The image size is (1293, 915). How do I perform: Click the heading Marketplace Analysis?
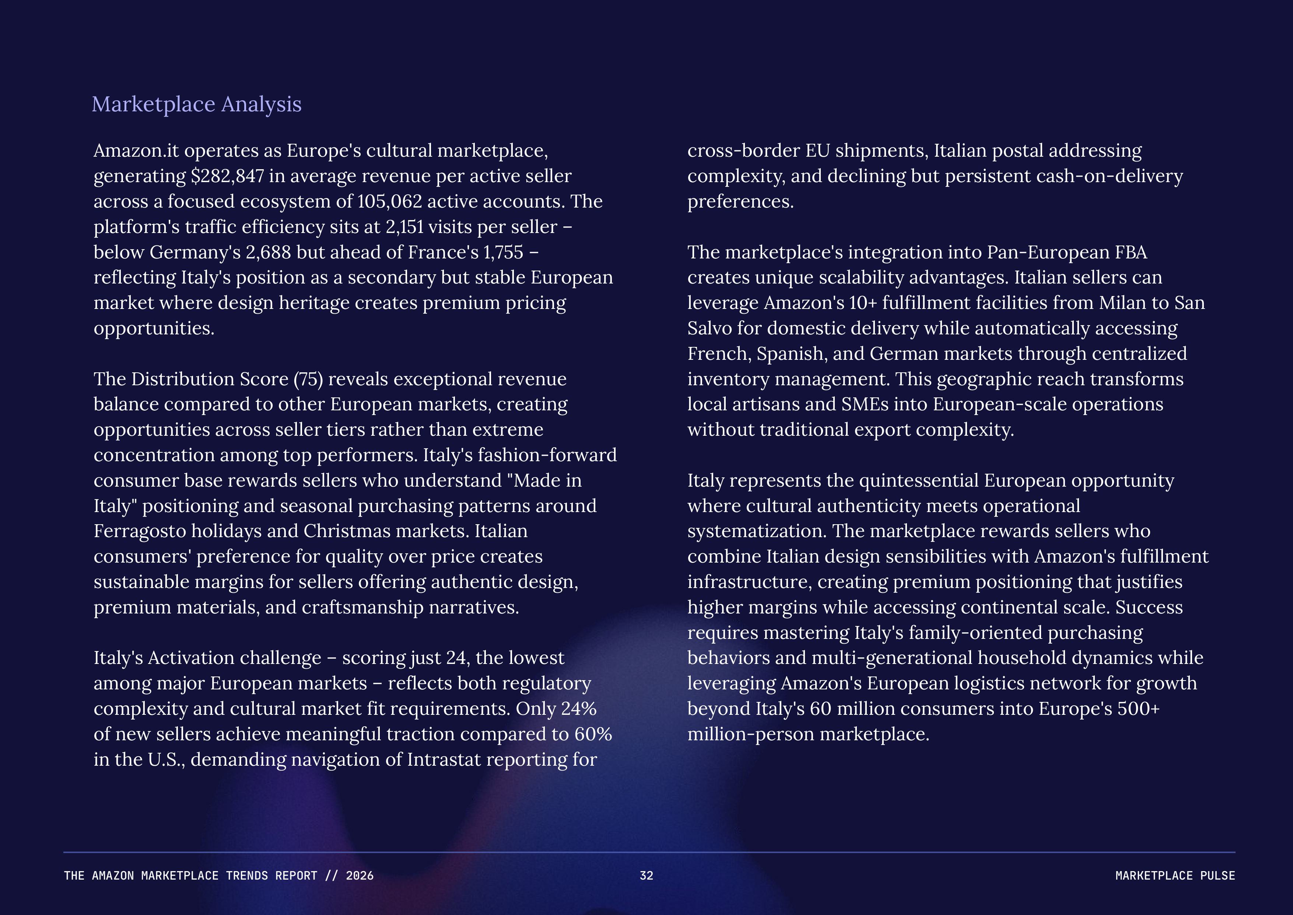point(197,105)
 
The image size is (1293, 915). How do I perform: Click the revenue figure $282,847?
point(227,176)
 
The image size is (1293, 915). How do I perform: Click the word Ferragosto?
point(140,531)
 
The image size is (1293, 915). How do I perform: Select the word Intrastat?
point(444,759)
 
